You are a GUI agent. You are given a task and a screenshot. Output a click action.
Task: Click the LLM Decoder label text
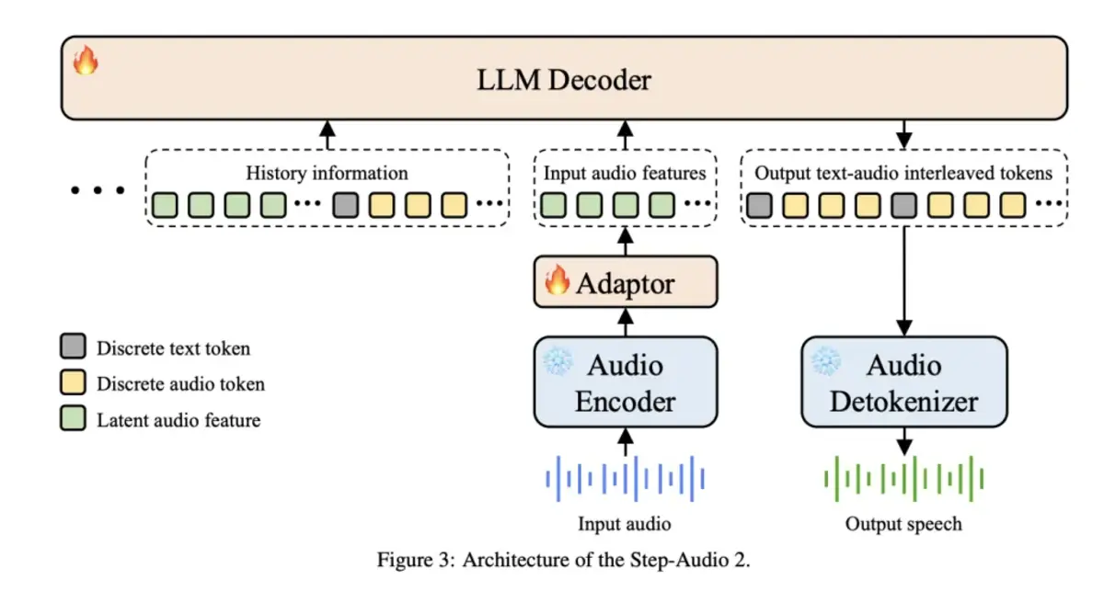point(564,80)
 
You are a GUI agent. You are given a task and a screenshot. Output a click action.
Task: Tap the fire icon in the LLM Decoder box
point(86,62)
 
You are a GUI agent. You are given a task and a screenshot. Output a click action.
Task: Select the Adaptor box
point(626,282)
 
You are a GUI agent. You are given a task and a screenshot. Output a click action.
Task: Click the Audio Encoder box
point(626,382)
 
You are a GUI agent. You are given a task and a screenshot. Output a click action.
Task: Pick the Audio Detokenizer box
point(904,382)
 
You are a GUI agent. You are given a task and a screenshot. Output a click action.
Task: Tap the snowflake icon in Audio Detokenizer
point(825,360)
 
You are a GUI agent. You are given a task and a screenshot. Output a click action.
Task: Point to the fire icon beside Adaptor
point(558,281)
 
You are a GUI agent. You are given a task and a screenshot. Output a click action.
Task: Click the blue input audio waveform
point(626,479)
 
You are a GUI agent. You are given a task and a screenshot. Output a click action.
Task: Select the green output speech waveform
point(904,479)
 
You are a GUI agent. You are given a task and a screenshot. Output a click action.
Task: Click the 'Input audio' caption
point(625,524)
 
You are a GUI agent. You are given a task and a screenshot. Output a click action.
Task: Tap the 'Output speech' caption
point(903,524)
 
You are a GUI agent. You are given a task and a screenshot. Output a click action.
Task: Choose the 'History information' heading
point(327,173)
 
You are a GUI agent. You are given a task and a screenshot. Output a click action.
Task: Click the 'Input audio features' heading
point(625,173)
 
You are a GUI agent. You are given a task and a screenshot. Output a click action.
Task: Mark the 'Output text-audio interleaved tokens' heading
point(903,173)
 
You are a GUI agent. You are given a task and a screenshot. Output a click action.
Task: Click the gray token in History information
point(345,204)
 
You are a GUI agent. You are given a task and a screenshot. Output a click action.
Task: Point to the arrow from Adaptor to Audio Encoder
point(626,322)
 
